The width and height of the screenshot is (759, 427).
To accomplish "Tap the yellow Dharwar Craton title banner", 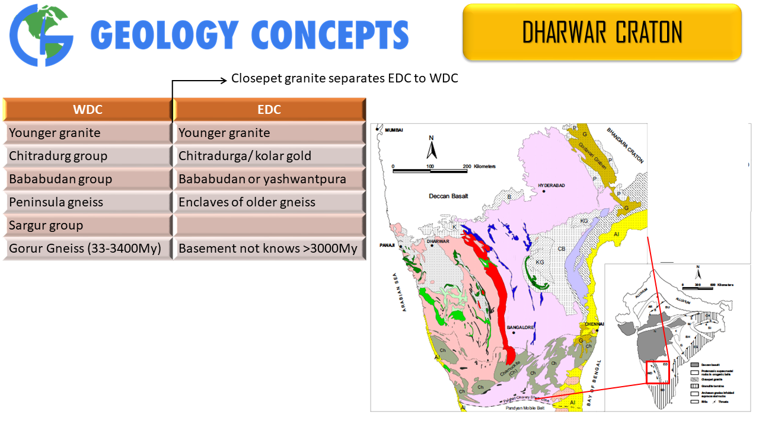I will pos(602,32).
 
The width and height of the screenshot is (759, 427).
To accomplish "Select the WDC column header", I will pos(87,110).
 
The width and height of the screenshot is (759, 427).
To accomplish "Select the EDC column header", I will pos(269,110).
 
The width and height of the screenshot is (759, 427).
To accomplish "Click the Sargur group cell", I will pos(87,225).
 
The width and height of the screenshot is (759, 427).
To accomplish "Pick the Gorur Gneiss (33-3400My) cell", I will pos(87,248).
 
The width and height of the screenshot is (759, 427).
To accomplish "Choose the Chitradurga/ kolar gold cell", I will pos(269,156).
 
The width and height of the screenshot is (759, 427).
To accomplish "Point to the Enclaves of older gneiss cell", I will pos(269,202).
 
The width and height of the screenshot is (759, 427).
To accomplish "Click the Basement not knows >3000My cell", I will pos(269,248).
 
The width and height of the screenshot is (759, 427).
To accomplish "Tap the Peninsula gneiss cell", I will pos(87,202).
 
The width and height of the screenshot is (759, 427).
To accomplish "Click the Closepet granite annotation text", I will pos(345,78).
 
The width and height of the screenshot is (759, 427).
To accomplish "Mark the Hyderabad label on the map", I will pos(551,186).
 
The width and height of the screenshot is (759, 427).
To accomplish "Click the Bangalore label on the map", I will pos(521,327).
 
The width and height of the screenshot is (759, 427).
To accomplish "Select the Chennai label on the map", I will pos(594,324).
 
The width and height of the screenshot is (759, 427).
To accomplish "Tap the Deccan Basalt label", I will pos(449,196).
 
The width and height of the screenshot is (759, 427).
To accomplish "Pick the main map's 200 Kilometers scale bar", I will pos(430,170).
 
